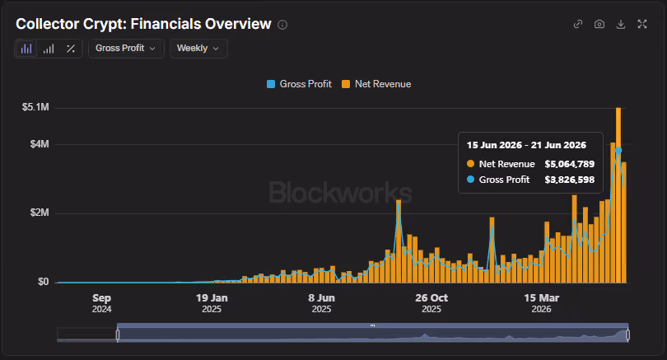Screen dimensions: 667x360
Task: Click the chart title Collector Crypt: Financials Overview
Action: (143, 24)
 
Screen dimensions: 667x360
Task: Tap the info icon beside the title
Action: (282, 25)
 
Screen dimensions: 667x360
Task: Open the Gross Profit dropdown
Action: (126, 48)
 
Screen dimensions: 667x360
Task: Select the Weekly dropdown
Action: (198, 48)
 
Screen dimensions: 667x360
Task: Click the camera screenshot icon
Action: (599, 24)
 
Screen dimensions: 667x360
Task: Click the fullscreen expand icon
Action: (642, 24)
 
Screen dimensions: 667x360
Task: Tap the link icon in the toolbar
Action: (578, 24)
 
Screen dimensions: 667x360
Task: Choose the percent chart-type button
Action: (71, 49)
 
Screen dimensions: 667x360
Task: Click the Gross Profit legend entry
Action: (299, 84)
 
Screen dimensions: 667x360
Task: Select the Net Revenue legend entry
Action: (376, 84)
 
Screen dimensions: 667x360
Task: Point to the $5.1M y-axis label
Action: (35, 107)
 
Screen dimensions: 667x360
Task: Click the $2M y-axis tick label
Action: (40, 213)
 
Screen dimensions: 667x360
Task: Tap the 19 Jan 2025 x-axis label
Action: (212, 303)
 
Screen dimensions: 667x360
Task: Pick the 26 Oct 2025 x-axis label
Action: (431, 303)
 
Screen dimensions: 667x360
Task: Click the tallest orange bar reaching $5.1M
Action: (618, 195)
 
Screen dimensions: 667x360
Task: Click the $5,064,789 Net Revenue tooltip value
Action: (570, 164)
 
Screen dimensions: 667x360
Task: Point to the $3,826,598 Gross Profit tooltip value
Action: (570, 180)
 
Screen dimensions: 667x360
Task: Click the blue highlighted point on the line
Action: (618, 150)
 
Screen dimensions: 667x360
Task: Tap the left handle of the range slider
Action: (118, 335)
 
